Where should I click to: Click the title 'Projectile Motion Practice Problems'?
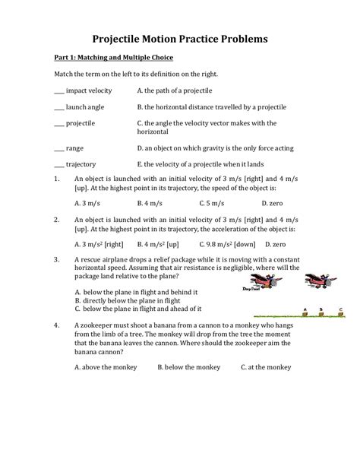coord(180,36)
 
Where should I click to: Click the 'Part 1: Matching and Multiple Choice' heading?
coord(113,58)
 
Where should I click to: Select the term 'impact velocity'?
coord(89,90)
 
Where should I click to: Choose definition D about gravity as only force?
coord(220,147)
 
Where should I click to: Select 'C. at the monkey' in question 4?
coord(265,367)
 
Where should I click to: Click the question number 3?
coord(57,259)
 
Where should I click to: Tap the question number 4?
coord(57,324)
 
